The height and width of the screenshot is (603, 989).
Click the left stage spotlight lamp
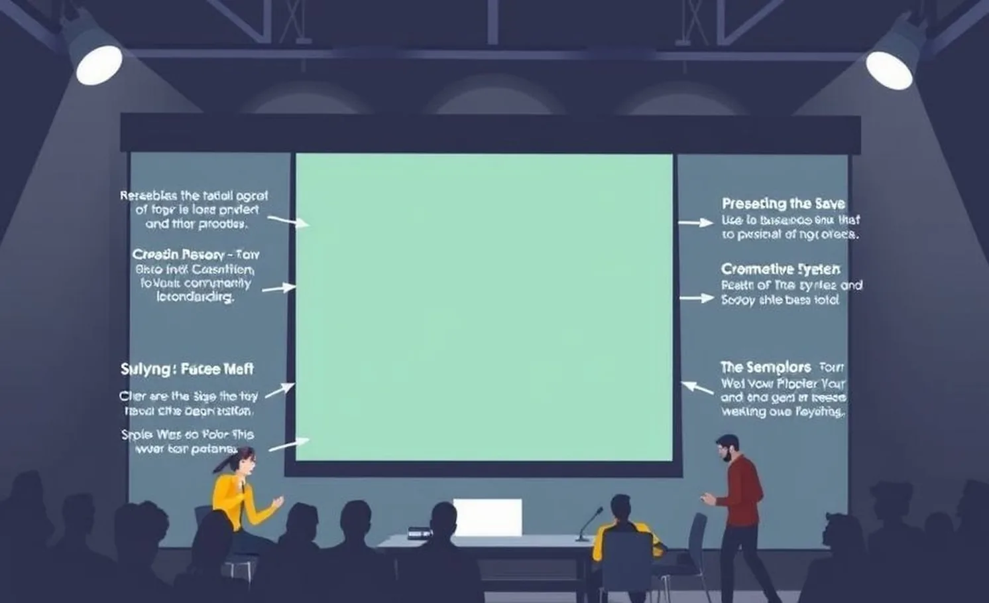point(99,64)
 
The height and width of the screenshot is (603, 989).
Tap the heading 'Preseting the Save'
point(783,204)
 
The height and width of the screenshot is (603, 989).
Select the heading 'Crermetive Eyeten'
point(780,269)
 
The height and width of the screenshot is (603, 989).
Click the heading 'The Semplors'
point(766,367)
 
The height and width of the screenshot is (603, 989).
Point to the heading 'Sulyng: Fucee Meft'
point(187,369)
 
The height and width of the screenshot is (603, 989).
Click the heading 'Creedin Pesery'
point(176,255)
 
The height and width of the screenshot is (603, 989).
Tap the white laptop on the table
point(487,517)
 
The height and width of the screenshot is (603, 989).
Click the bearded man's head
point(727,449)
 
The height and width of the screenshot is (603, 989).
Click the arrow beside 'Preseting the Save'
point(695,223)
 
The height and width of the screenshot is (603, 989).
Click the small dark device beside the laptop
point(420,532)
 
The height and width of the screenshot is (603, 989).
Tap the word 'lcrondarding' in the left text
point(196,297)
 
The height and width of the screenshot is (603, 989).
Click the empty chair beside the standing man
point(696,544)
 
